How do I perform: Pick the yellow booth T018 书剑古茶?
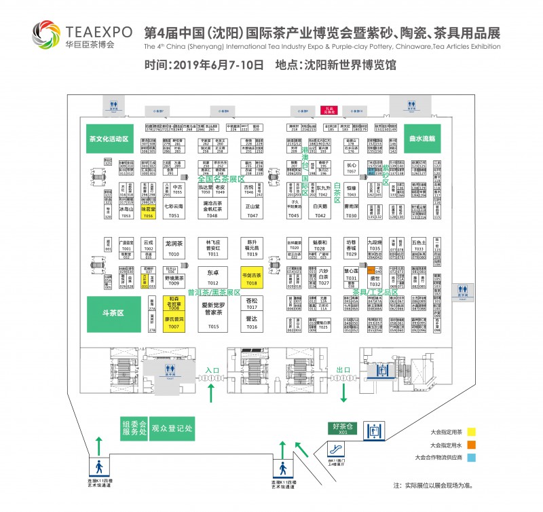pyautogui.click(x=252, y=278)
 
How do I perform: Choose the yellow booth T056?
pyautogui.click(x=148, y=212)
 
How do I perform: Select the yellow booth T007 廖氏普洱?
pyautogui.click(x=174, y=323)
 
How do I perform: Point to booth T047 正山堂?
pyautogui.click(x=252, y=210)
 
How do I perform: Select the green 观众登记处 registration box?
pyautogui.click(x=172, y=428)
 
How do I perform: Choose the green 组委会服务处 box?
pyautogui.click(x=134, y=428)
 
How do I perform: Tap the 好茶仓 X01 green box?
pyautogui.click(x=343, y=428)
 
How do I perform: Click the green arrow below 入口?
pyautogui.click(x=211, y=392)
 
